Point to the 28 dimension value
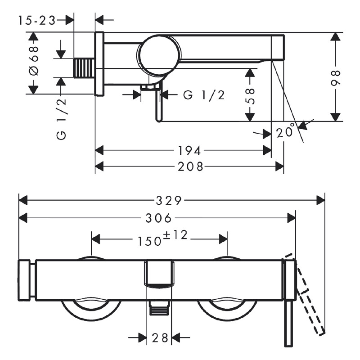coord(160,337)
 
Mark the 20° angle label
coord(285,132)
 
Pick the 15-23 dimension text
coord(37,20)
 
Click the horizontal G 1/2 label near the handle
coord(203,94)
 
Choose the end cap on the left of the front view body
coord(26,280)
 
